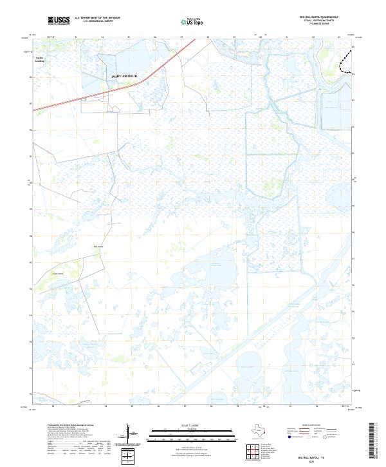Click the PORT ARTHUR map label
tap(125, 76)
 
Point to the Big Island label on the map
tap(98, 246)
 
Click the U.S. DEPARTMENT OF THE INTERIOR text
tap(97, 18)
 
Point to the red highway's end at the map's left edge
tap(34, 110)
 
